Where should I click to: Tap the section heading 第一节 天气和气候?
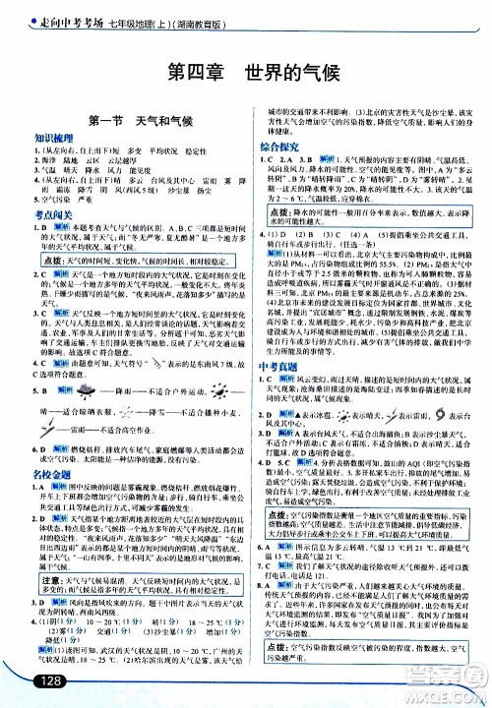[x=124, y=122]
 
